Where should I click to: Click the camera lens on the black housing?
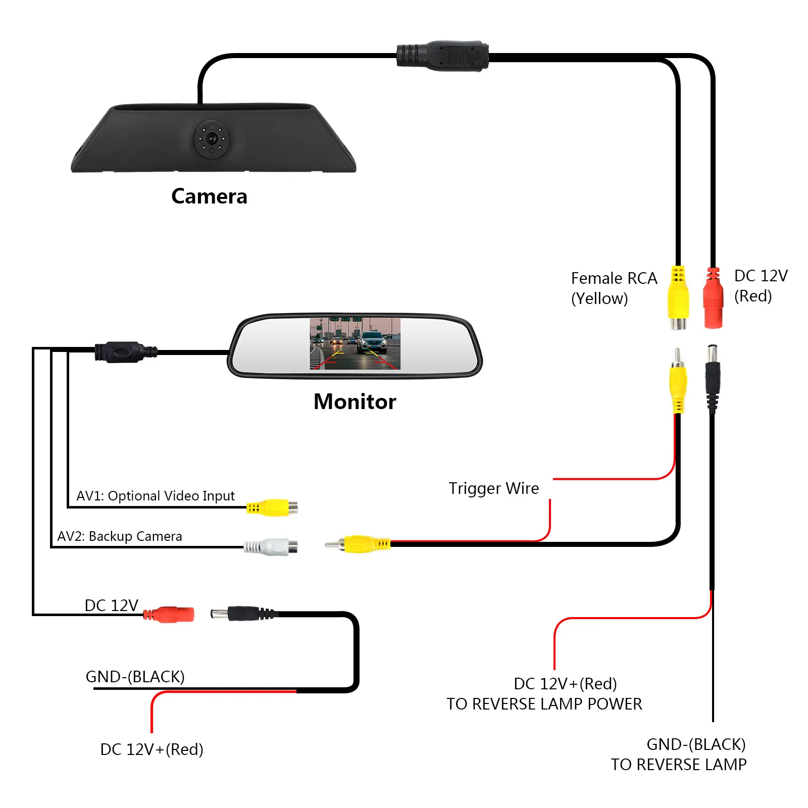212,138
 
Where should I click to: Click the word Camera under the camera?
209,196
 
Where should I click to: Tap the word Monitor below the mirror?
355,402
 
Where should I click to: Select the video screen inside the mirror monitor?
355,343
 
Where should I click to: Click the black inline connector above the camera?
443,56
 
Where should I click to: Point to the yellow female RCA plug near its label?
678,298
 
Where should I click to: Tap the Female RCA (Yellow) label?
614,288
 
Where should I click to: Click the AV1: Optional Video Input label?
156,496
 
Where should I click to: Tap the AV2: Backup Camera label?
120,536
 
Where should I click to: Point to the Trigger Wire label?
493,488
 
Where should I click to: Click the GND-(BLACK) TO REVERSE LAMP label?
679,754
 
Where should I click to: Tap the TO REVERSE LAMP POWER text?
544,704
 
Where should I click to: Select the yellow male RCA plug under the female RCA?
678,381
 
